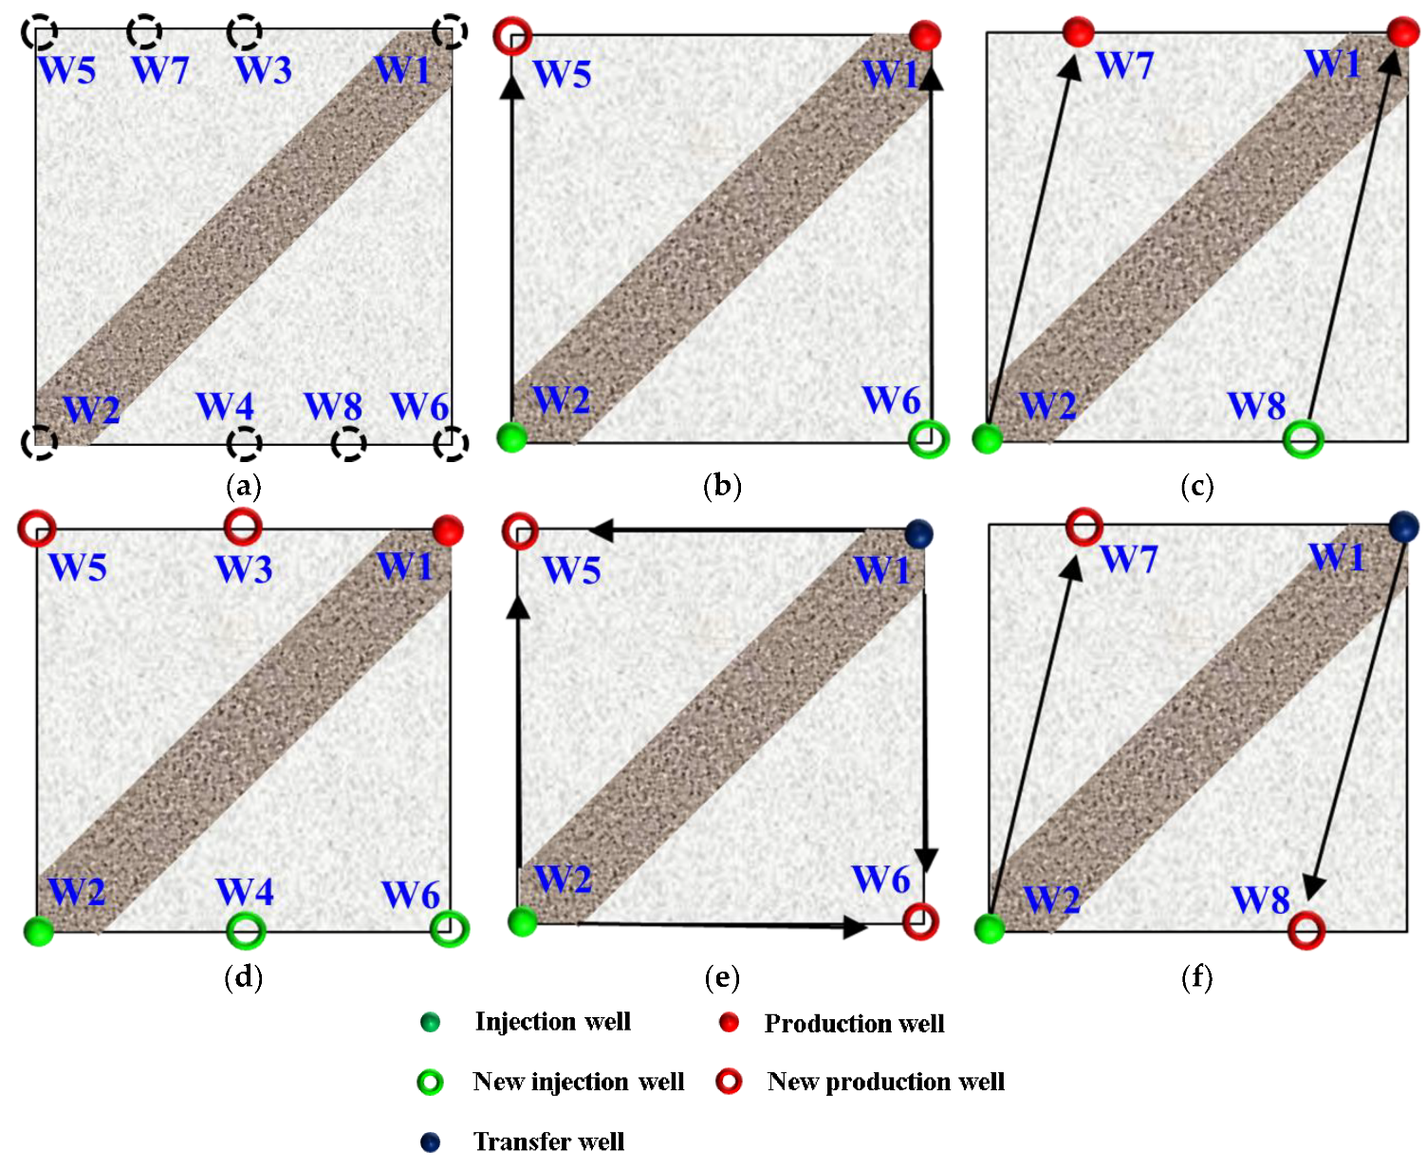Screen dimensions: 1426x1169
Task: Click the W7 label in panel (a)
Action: (x=160, y=69)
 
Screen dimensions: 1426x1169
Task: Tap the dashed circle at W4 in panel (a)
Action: (x=245, y=443)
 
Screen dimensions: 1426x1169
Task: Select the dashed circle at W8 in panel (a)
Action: (x=349, y=443)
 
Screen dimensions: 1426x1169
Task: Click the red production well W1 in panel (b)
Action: (x=925, y=36)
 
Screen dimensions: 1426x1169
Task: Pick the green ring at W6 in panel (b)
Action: (x=928, y=438)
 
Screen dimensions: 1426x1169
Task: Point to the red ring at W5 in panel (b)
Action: (x=512, y=35)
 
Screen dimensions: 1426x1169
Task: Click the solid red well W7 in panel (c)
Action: (x=1078, y=31)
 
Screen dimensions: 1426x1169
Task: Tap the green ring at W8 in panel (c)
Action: (x=1303, y=438)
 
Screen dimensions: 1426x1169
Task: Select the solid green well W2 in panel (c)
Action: (x=988, y=438)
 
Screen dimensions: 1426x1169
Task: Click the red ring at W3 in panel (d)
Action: (x=243, y=526)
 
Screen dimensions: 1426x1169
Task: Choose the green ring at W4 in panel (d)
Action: (x=246, y=931)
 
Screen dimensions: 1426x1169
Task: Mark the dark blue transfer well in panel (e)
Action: (x=918, y=533)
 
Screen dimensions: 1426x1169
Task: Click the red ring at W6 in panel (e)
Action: (x=920, y=921)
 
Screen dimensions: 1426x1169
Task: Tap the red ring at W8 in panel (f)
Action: (x=1306, y=931)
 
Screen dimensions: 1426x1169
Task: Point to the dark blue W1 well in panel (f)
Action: (x=1403, y=527)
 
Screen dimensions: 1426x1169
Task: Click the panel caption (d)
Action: (x=243, y=976)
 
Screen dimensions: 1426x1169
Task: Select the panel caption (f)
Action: (x=1196, y=976)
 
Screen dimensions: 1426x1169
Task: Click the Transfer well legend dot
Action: (x=430, y=1141)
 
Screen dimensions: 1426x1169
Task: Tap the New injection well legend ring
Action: (x=430, y=1082)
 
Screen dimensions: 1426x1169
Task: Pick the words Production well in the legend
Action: (x=854, y=1023)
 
